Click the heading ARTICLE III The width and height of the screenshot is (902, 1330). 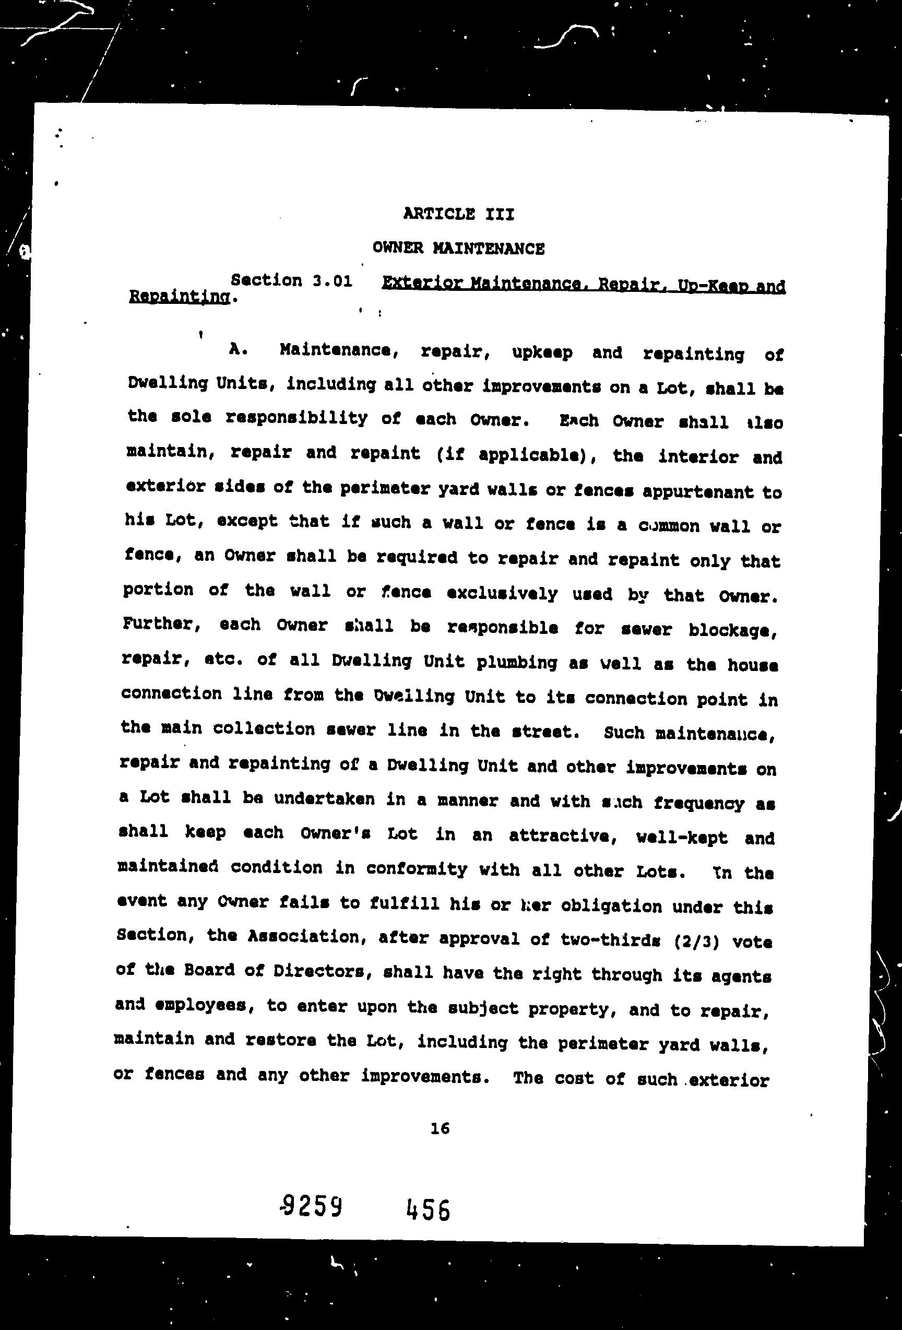coord(458,214)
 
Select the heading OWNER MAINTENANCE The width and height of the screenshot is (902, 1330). coord(458,249)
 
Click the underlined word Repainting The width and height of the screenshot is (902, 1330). coord(180,297)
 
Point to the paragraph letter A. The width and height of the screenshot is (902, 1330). coord(237,349)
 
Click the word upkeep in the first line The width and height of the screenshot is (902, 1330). coord(542,352)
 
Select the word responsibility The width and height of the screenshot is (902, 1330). coord(296,418)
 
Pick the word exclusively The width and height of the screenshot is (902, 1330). coord(502,594)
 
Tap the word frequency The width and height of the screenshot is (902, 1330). coord(698,803)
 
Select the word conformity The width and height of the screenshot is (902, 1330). coord(416,869)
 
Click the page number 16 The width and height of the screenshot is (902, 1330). coord(440,1127)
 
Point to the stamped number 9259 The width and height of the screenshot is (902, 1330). coord(312,1208)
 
